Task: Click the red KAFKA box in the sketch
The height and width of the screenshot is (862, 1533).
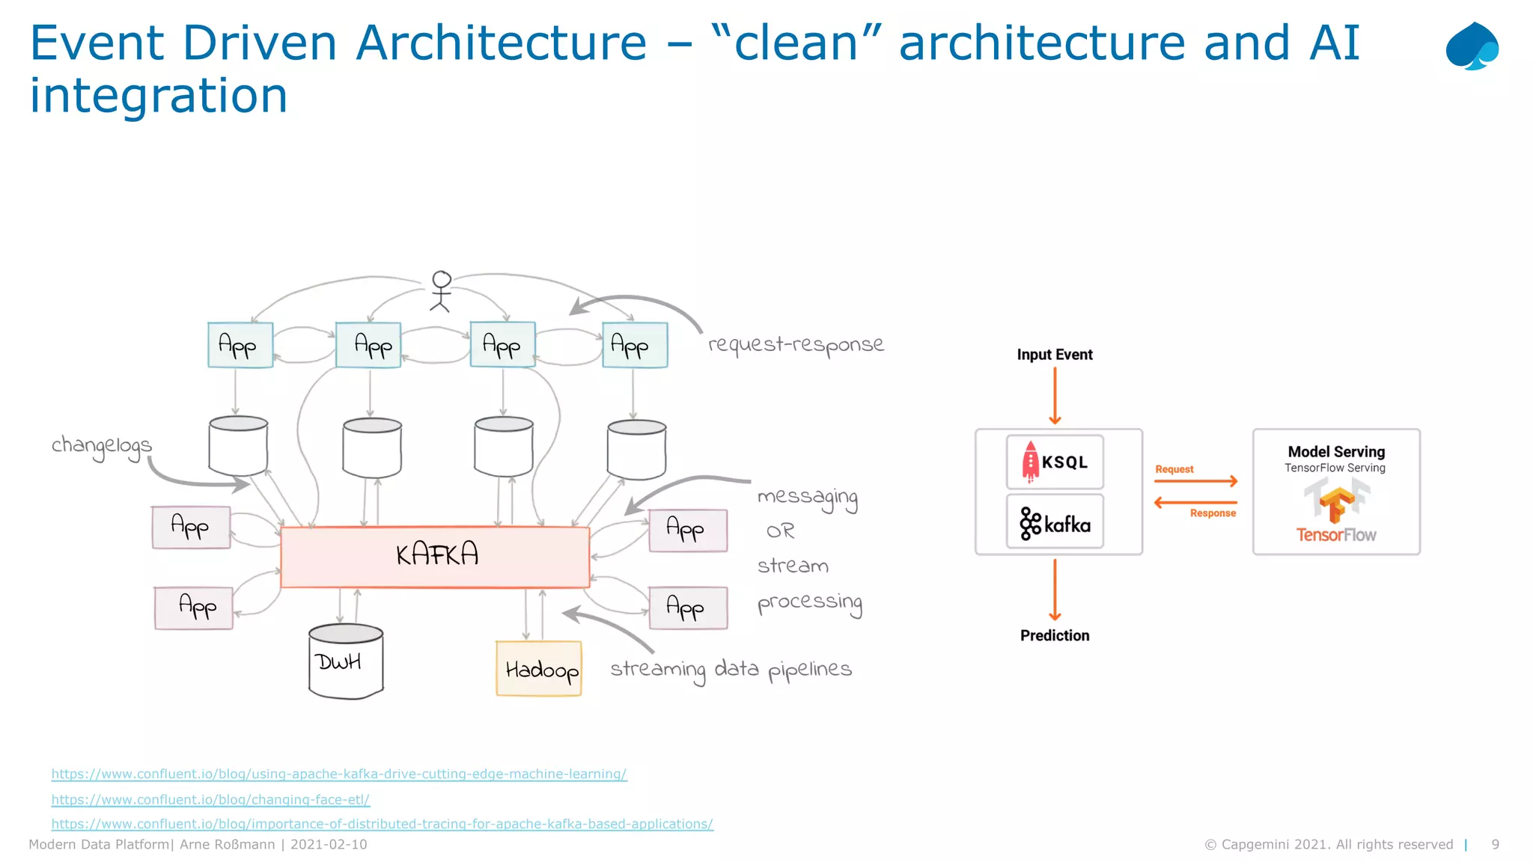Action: point(435,557)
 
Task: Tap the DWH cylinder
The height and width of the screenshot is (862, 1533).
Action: point(345,662)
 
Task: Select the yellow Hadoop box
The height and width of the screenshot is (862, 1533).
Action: point(539,669)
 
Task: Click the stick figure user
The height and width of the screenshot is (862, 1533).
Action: point(441,291)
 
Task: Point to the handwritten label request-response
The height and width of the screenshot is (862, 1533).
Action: point(796,344)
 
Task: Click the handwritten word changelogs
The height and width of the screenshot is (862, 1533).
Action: point(101,446)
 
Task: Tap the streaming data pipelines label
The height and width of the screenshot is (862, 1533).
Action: point(731,669)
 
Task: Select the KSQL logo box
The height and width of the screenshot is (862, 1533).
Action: point(1055,462)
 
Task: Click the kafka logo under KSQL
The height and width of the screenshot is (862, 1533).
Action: point(1055,523)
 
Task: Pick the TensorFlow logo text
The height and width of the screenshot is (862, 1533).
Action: point(1336,535)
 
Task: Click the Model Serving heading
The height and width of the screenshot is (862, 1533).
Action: point(1336,451)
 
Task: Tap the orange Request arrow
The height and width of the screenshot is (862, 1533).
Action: point(1195,481)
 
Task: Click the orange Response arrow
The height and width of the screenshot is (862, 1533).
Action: point(1195,502)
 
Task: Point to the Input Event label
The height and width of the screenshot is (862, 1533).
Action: point(1054,355)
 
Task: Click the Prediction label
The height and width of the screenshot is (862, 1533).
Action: point(1055,635)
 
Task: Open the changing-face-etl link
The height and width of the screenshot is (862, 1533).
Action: point(210,799)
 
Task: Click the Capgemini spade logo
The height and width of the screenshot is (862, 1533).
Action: point(1472,46)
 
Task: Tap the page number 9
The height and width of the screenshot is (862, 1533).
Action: point(1495,844)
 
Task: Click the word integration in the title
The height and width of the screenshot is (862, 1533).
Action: point(159,96)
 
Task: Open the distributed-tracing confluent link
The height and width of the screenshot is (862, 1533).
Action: point(382,824)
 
